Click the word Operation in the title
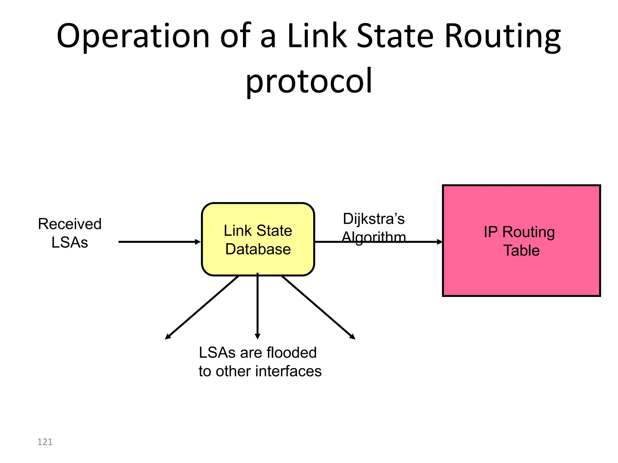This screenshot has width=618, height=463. click(133, 36)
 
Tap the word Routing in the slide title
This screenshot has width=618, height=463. click(502, 36)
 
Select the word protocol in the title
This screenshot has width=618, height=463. click(309, 81)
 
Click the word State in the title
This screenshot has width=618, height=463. click(395, 36)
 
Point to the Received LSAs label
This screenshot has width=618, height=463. click(70, 233)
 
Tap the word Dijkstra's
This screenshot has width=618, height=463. click(374, 219)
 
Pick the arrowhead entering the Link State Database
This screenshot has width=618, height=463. click(198, 242)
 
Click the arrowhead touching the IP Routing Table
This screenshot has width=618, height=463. click(440, 242)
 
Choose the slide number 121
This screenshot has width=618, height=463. click(45, 442)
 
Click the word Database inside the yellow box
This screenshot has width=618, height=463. click(258, 249)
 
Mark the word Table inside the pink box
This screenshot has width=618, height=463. click(521, 250)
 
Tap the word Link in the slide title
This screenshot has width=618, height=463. click(317, 36)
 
